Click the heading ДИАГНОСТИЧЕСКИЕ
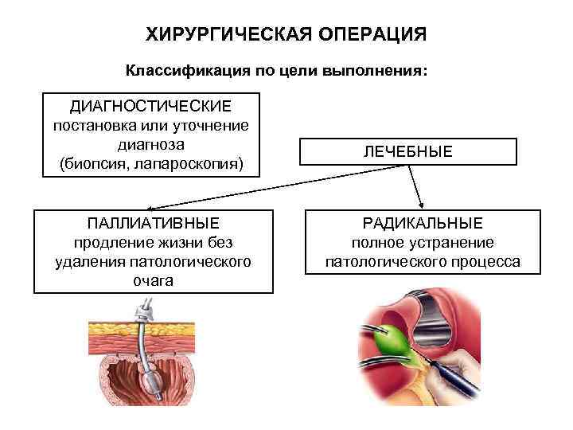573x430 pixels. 151,106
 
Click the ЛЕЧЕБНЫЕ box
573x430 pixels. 408,151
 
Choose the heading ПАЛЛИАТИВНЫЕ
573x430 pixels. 153,224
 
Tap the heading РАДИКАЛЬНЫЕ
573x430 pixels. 423,224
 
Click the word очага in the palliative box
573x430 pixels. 153,280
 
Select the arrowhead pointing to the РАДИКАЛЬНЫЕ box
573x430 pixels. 422,204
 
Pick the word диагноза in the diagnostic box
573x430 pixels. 151,145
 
